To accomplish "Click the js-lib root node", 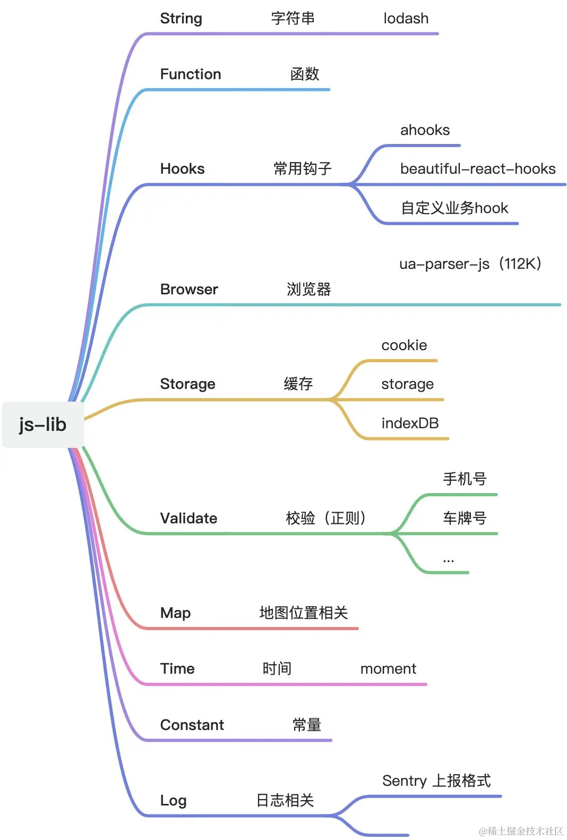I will [42, 425].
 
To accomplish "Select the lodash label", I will [406, 19].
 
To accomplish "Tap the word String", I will [181, 19].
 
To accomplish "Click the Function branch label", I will [191, 74].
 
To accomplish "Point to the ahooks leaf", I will [425, 130].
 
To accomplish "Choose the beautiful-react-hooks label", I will [478, 169].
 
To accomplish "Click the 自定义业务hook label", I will [454, 208].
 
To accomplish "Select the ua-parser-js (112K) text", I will [470, 264].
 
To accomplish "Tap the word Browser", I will [189, 290].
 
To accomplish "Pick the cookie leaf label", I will [404, 345].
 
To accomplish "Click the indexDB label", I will [410, 423].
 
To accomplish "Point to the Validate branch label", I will [188, 519].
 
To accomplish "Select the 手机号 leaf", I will [465, 479].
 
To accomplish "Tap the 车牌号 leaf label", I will [465, 518].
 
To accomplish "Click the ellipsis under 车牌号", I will [449, 560].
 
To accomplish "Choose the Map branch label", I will [175, 613].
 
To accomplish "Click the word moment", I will [388, 669].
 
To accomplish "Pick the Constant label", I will [192, 725].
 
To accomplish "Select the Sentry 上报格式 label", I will [436, 781].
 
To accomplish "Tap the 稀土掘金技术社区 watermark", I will [521, 831].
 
